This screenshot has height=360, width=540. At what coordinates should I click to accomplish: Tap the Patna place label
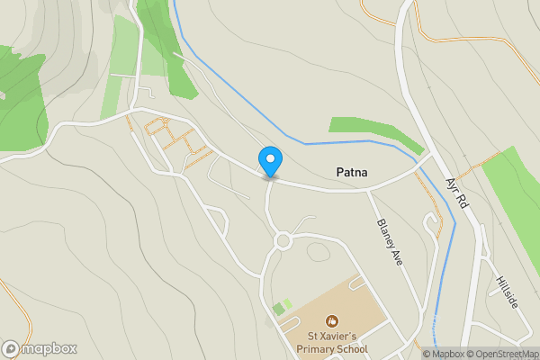point(354,171)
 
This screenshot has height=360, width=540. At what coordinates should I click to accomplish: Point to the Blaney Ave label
point(389,242)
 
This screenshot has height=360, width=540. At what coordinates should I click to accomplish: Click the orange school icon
point(332,319)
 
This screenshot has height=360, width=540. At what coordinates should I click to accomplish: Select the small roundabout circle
point(283,240)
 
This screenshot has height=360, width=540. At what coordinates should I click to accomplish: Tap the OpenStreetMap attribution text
point(501,354)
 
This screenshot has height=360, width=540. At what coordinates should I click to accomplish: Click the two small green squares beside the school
point(283,307)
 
